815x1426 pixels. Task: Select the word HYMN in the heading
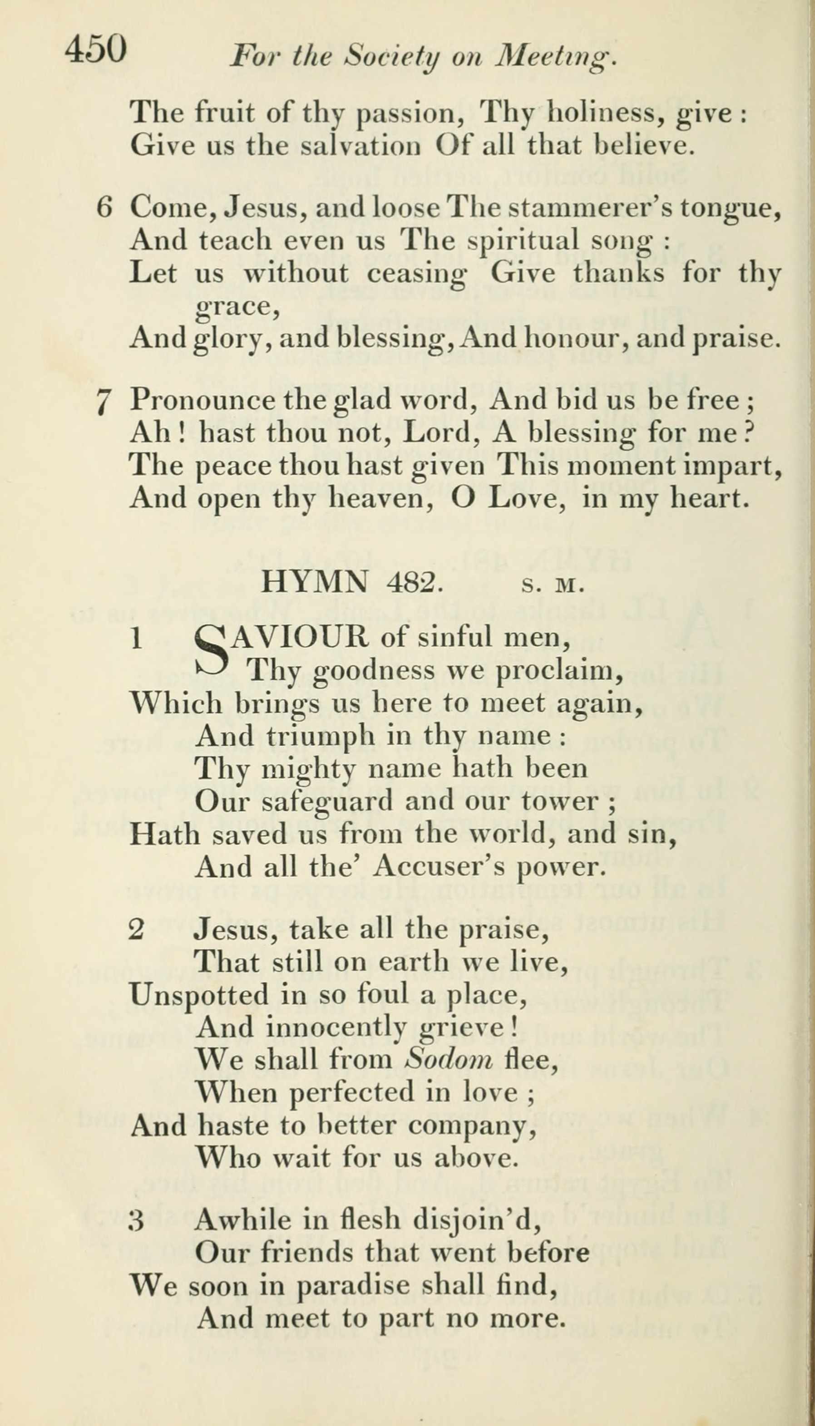(315, 584)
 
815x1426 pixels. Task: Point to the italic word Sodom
(449, 1059)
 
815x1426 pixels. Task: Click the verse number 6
(105, 208)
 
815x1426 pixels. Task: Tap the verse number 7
(103, 402)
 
